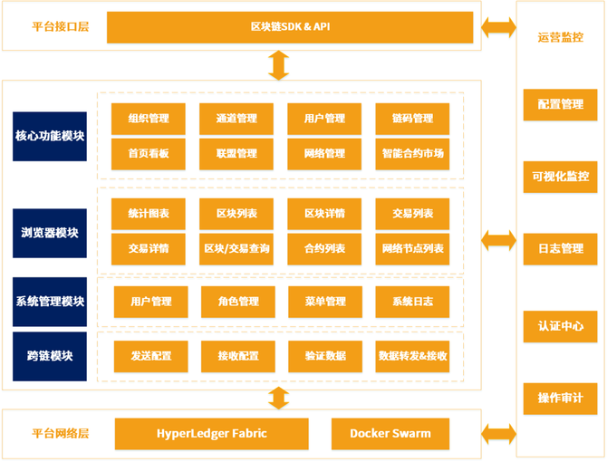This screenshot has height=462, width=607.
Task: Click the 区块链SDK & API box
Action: tap(290, 27)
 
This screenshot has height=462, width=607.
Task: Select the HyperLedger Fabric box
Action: tap(211, 434)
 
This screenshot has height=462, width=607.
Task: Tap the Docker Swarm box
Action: tap(390, 434)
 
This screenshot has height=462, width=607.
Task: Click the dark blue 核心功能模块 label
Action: tap(50, 136)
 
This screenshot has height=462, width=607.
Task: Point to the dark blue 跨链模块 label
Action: tap(50, 355)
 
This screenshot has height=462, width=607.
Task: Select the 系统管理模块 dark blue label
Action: tap(50, 302)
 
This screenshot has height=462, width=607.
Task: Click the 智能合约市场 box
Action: tap(412, 154)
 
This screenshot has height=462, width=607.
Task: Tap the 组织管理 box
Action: tap(149, 118)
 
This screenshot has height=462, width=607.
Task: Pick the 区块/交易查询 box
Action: tap(236, 248)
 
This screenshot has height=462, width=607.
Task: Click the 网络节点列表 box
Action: tap(412, 248)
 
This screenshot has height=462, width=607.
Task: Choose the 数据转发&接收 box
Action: tap(412, 356)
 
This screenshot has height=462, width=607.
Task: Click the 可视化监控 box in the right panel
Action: tap(560, 177)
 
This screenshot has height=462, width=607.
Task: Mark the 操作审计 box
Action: tap(560, 399)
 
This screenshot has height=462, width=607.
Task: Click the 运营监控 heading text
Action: tap(560, 38)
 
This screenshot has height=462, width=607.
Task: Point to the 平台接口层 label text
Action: tap(60, 27)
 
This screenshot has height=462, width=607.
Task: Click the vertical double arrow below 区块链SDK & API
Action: tap(279, 64)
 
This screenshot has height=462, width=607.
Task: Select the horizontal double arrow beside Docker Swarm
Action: tap(497, 434)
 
